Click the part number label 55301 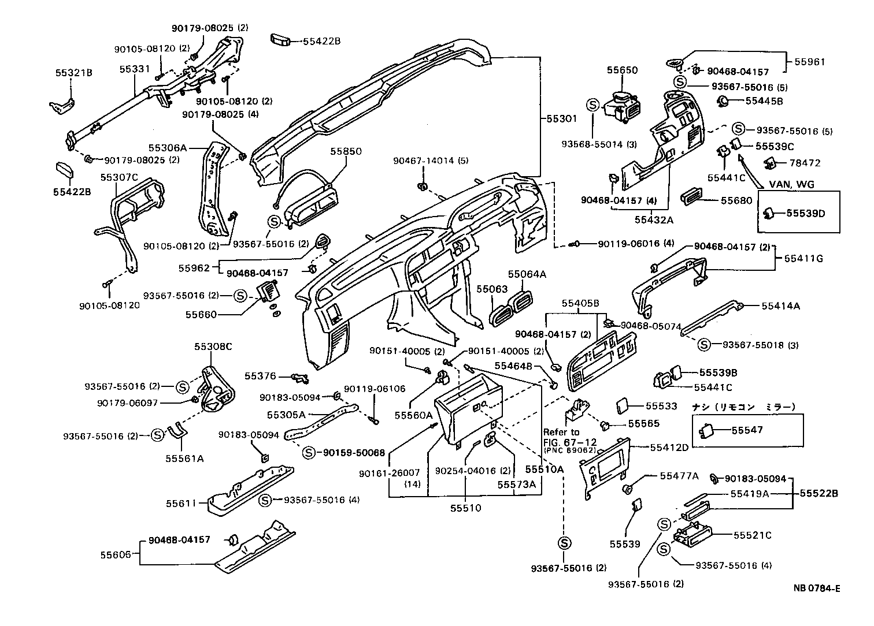tap(562, 118)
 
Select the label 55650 tap(622, 70)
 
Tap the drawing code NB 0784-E tap(816, 588)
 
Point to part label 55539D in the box tap(806, 214)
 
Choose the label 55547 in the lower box tap(747, 430)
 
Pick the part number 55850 tap(346, 151)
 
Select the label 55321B tap(74, 73)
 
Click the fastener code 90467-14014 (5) tap(431, 161)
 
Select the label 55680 tap(736, 200)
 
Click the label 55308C tap(213, 346)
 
